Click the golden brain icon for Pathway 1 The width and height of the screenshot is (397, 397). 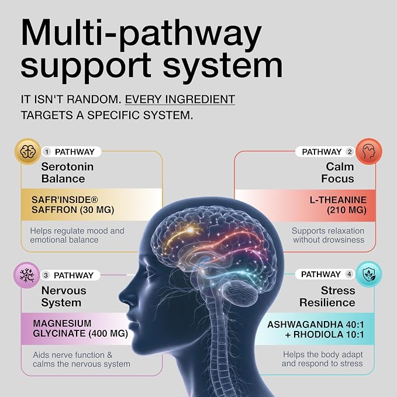tap(27, 151)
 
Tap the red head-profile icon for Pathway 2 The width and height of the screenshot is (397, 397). tap(369, 151)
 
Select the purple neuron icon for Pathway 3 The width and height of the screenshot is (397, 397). tap(26, 275)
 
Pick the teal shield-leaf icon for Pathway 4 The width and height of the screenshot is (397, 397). tap(368, 274)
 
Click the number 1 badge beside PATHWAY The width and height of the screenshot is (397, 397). tap(47, 152)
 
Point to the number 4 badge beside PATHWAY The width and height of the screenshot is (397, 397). tap(350, 274)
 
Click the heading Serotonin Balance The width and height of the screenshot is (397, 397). tap(67, 172)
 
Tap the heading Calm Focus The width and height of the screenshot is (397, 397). tap(337, 172)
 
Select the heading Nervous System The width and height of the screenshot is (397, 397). tap(64, 296)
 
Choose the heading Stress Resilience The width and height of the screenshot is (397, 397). tap(327, 296)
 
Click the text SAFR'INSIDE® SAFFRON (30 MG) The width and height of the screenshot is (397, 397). tap(73, 205)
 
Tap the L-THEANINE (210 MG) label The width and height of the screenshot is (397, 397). tap(338, 205)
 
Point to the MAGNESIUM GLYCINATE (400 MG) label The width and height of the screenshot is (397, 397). tap(80, 329)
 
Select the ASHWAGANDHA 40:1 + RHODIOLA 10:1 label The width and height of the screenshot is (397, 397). tap(316, 329)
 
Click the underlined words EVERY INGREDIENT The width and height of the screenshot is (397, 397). tap(180, 99)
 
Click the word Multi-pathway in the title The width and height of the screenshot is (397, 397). tap(141, 34)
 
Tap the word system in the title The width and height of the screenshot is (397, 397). tap(223, 65)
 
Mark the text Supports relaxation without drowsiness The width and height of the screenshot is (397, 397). tap(328, 235)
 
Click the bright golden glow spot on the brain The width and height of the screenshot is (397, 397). tap(190, 230)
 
